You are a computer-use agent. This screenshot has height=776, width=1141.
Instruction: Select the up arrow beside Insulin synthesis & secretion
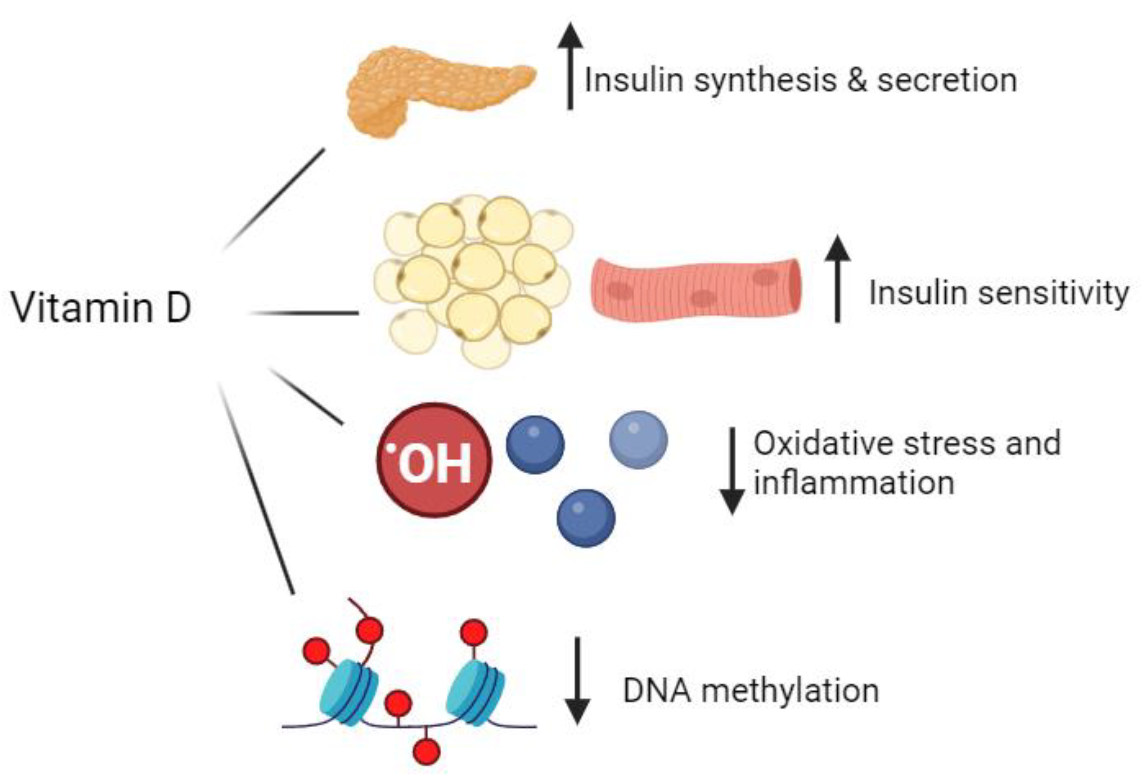pyautogui.click(x=570, y=66)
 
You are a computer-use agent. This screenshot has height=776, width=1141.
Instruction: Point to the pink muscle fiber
pyautogui.click(x=695, y=290)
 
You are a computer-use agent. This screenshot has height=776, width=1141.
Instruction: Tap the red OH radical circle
pyautogui.click(x=434, y=460)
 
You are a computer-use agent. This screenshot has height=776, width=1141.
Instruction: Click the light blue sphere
pyautogui.click(x=638, y=440)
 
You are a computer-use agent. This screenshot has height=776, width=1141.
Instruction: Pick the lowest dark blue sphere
pyautogui.click(x=586, y=518)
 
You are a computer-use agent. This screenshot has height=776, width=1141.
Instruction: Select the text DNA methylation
pyautogui.click(x=751, y=691)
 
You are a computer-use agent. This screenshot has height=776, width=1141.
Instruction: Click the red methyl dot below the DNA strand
pyautogui.click(x=426, y=751)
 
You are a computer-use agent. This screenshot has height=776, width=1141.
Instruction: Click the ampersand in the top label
pyautogui.click(x=857, y=80)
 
